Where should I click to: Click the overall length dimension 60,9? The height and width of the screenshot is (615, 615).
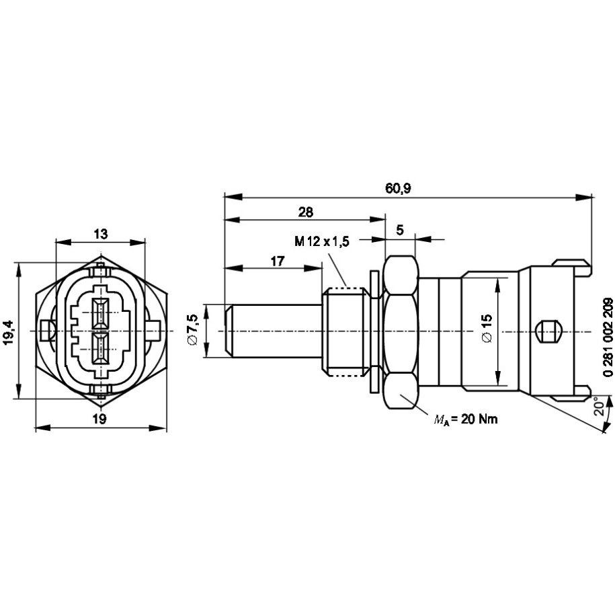click(398, 189)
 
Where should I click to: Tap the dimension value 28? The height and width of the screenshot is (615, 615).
click(306, 212)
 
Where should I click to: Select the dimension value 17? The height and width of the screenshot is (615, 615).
click(278, 261)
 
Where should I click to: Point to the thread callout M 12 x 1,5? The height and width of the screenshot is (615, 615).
click(322, 241)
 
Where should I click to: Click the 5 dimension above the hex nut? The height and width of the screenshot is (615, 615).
click(400, 230)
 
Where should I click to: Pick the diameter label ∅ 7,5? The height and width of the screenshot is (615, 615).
click(194, 329)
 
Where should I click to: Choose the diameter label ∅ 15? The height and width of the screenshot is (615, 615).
click(487, 328)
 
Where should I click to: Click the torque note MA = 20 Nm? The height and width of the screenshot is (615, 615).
click(466, 419)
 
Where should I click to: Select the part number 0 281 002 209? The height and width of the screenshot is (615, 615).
click(608, 337)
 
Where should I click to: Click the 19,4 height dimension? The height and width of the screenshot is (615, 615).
click(8, 332)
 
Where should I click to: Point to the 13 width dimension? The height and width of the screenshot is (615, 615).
click(100, 234)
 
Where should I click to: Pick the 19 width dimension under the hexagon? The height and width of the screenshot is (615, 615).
click(99, 419)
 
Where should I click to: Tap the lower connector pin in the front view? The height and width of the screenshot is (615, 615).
click(100, 348)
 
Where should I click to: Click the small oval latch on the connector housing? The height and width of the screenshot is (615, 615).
click(548, 332)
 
